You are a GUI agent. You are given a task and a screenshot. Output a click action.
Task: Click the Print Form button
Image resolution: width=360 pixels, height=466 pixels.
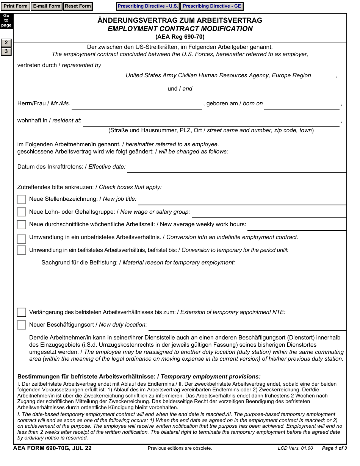coord(16,6)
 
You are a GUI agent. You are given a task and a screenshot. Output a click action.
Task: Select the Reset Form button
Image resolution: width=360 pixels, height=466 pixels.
coord(78,6)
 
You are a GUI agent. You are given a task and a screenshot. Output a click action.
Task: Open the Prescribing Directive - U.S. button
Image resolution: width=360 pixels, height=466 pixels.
coord(148,6)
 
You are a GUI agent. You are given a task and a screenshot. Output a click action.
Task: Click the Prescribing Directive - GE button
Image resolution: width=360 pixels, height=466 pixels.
coord(212,6)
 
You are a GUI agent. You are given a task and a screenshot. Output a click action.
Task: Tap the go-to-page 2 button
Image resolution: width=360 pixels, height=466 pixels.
coord(6,43)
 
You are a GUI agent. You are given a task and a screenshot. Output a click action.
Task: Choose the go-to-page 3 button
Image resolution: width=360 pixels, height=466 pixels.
coord(6,52)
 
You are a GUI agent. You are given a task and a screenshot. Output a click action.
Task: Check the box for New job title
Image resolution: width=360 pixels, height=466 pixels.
coord(22,199)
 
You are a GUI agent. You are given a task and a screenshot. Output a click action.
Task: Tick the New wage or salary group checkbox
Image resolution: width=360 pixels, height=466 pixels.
coord(22,212)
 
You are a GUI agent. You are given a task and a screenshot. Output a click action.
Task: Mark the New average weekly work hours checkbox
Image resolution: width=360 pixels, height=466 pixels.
coord(22,225)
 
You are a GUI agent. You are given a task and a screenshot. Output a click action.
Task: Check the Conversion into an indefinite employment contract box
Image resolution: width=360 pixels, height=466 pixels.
coord(22,238)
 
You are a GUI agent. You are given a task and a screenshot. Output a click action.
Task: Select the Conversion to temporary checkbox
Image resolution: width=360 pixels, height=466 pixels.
coord(22,250)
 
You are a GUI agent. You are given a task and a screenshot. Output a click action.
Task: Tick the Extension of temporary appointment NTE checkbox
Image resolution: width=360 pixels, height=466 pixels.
coord(22,313)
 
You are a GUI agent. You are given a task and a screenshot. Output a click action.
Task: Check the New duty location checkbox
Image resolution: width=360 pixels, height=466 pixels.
coord(22,325)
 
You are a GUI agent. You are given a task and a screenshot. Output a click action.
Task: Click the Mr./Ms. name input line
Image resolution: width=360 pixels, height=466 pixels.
coord(137,104)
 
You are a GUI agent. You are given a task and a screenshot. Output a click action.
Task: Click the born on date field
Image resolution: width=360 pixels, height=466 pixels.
coord(302,104)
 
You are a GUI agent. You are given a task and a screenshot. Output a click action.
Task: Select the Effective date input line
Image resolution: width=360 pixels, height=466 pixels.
coord(236,167)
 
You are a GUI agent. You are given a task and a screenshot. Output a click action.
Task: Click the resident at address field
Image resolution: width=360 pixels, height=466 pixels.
coord(211,121)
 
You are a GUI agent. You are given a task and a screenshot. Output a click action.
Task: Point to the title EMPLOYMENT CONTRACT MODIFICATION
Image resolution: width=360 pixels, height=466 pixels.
coord(180,29)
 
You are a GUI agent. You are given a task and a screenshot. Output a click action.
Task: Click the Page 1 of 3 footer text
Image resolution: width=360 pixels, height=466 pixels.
coord(334,449)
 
